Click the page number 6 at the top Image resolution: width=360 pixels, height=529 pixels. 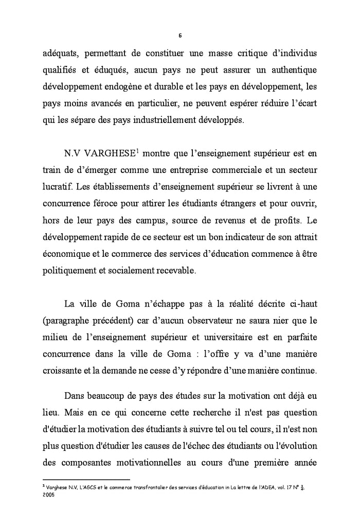point(179,36)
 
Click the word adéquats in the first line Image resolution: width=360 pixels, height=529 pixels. point(60,54)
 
